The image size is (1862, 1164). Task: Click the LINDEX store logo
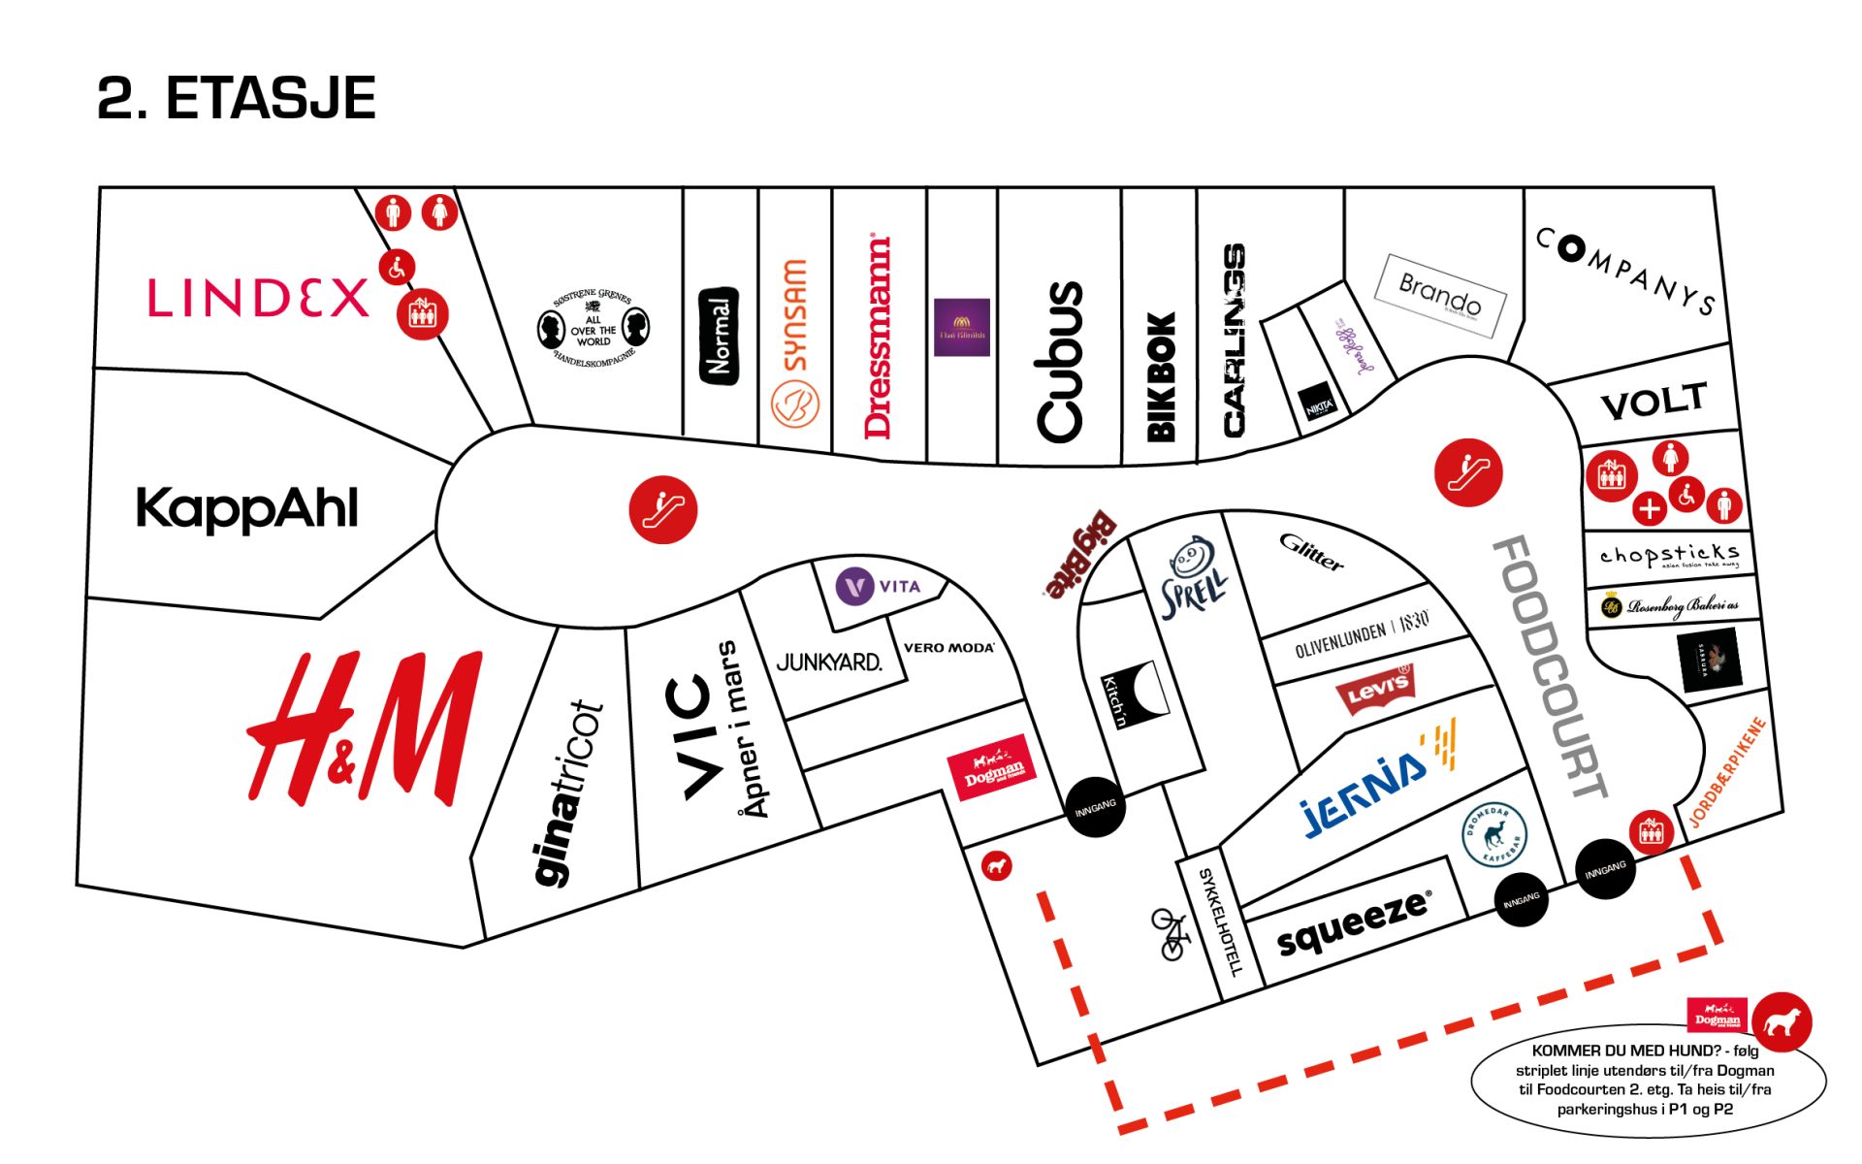tap(258, 298)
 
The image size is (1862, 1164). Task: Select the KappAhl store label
tap(247, 508)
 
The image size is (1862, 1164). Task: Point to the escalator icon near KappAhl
tap(663, 509)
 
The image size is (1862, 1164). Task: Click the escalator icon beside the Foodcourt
tap(1468, 472)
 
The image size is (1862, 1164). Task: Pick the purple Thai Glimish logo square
tap(961, 328)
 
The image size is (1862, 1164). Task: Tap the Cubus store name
tap(1059, 362)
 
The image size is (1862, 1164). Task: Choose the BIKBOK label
tap(1161, 376)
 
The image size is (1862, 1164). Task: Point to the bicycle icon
tap(1172, 934)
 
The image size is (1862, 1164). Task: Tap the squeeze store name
tap(1354, 923)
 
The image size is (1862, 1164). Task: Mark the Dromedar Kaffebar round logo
tap(1493, 835)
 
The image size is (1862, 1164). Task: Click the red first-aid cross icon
tap(1649, 507)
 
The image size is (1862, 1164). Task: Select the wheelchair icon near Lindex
tap(397, 268)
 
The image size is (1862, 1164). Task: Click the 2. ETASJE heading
tap(237, 98)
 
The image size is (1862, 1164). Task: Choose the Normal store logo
tap(719, 336)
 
